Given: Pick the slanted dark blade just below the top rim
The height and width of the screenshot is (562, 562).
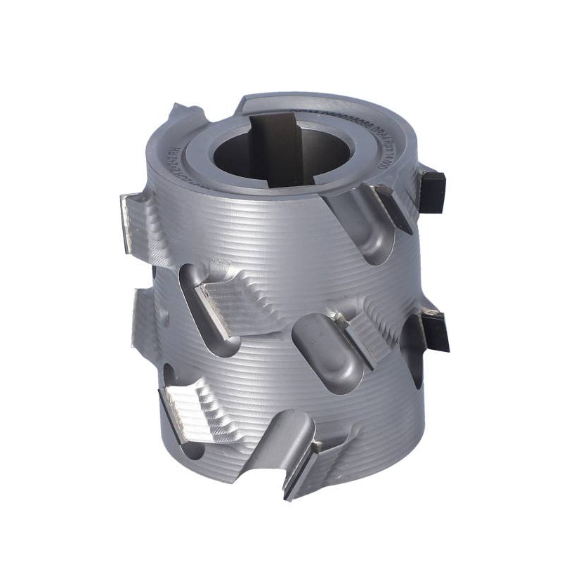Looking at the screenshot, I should click(x=394, y=208).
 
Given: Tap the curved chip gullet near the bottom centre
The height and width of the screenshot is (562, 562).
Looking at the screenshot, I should click(x=281, y=439).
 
